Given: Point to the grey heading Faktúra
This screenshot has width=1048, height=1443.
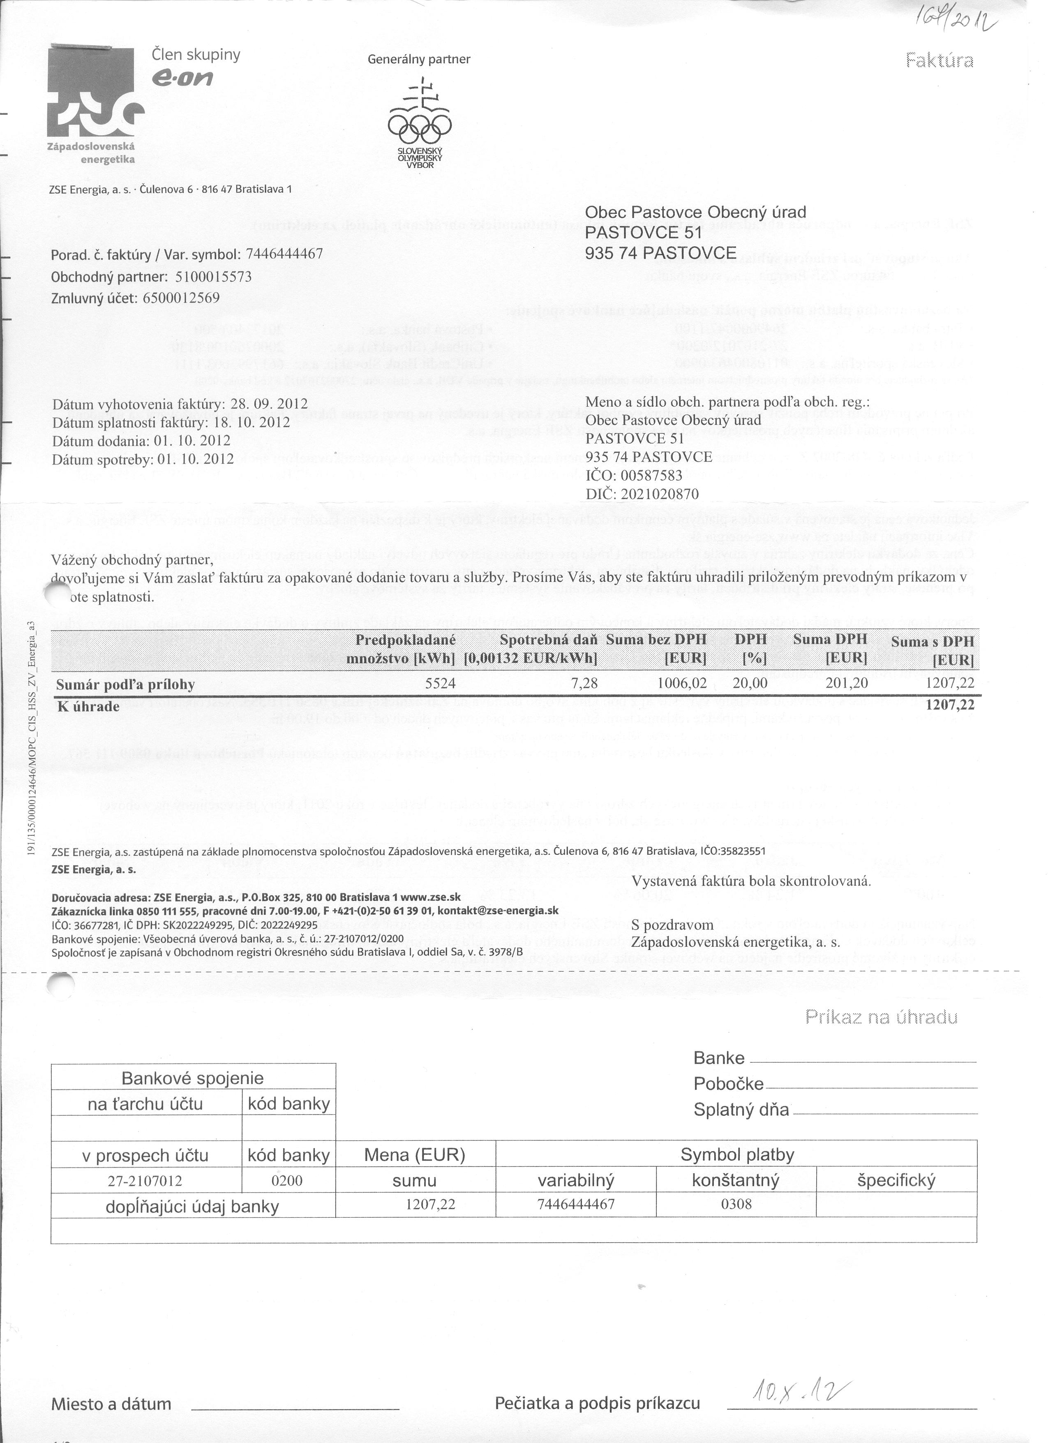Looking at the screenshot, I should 939,60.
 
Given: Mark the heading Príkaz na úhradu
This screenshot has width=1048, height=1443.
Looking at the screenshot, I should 881,1017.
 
